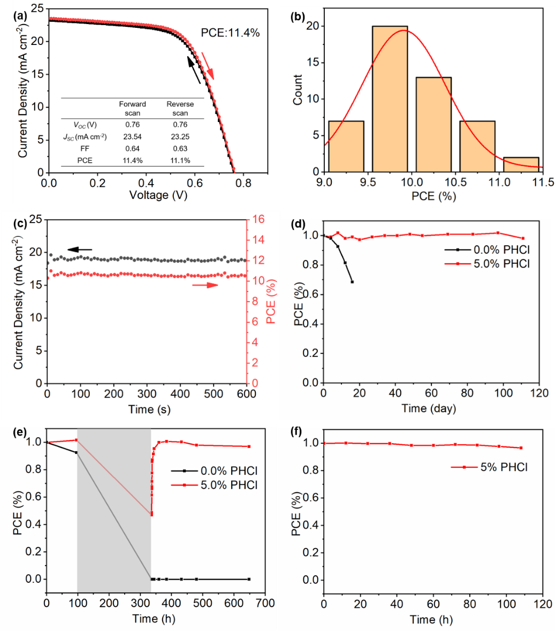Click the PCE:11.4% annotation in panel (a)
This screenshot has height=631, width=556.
pyautogui.click(x=230, y=33)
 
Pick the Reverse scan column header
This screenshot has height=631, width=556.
pyautogui.click(x=180, y=108)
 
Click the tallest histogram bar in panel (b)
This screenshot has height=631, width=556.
pyautogui.click(x=390, y=99)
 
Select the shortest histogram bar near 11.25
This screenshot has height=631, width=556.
pyautogui.click(x=521, y=164)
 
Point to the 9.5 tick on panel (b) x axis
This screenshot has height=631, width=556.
pyautogui.click(x=368, y=183)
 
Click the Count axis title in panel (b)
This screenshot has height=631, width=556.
pyautogui.click(x=298, y=90)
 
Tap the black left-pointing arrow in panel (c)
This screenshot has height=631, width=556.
pyautogui.click(x=80, y=249)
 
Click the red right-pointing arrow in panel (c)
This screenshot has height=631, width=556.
pyautogui.click(x=205, y=285)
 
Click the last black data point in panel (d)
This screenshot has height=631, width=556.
pyautogui.click(x=352, y=282)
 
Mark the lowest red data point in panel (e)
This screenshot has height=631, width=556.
pyautogui.click(x=151, y=514)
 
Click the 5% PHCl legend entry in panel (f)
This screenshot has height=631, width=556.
pyautogui.click(x=490, y=467)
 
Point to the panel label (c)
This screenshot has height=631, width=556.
pyautogui.click(x=19, y=224)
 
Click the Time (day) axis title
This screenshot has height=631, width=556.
pyautogui.click(x=429, y=408)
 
